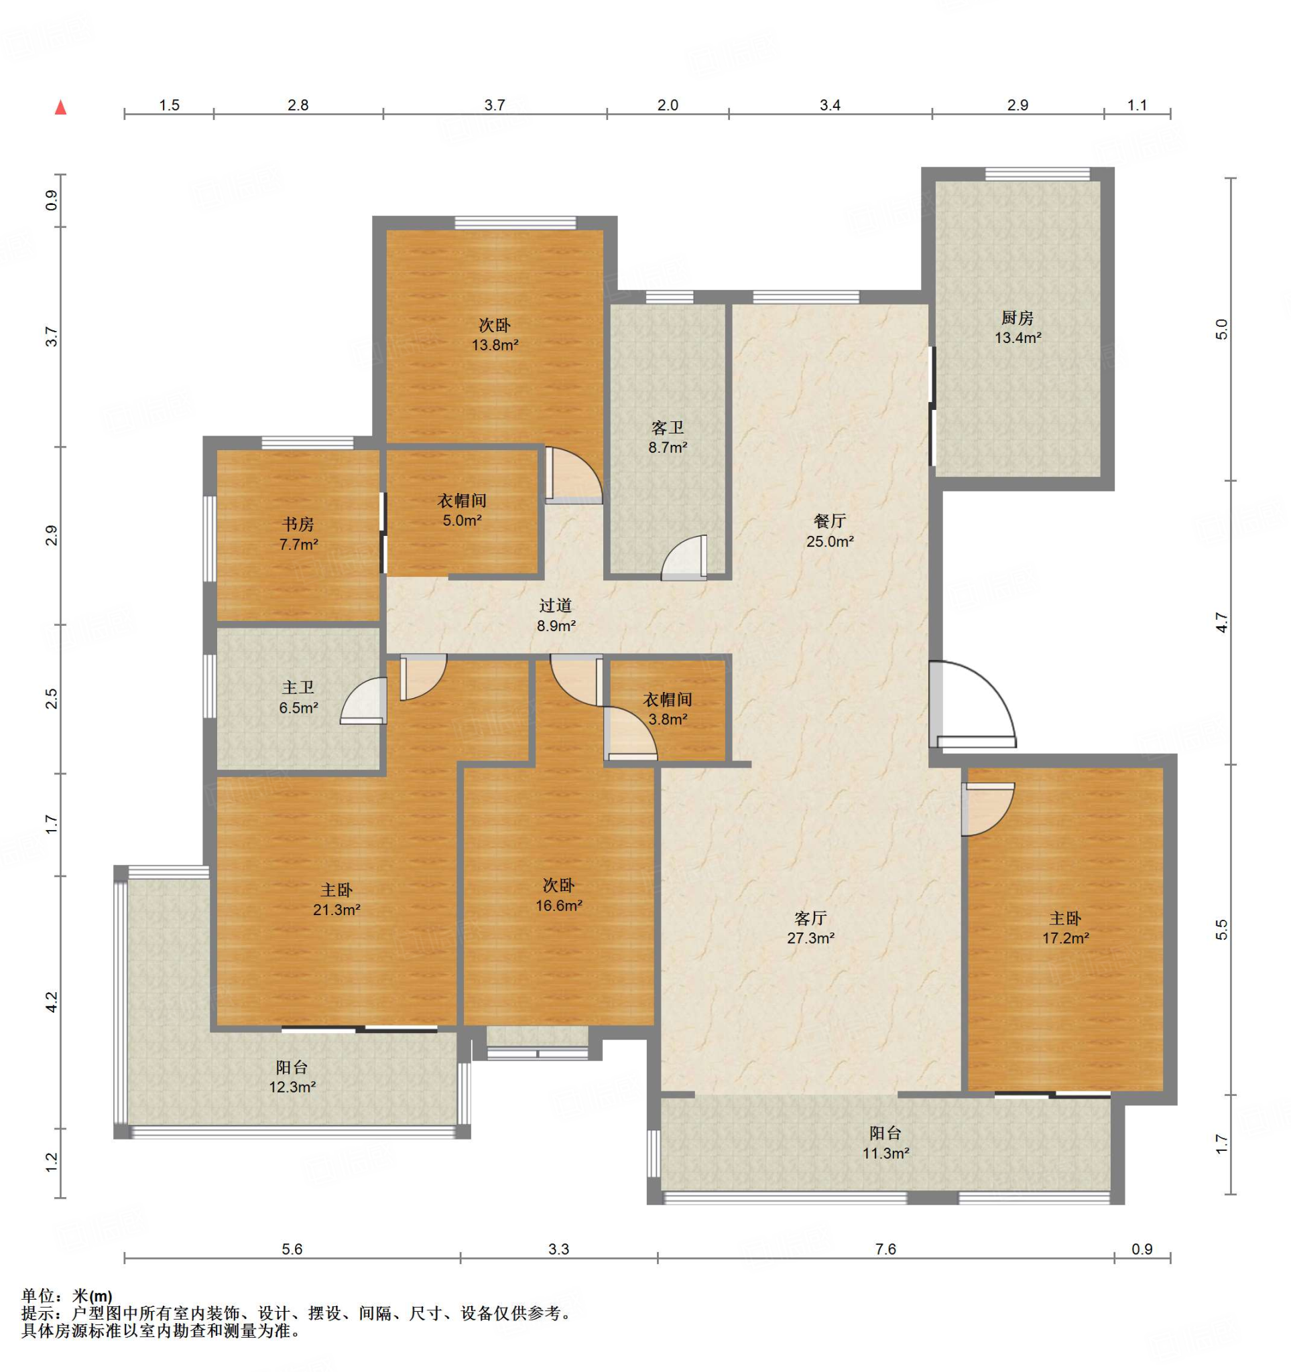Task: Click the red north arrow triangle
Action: pyautogui.click(x=61, y=107)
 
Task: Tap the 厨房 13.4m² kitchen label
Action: pyautogui.click(x=1018, y=327)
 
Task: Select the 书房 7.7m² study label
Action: pyautogui.click(x=298, y=533)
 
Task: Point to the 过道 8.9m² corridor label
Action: pyautogui.click(x=556, y=615)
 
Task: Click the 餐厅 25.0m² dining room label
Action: pyautogui.click(x=830, y=531)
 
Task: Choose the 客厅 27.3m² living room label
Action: pyautogui.click(x=810, y=928)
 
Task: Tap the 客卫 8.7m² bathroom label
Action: pyautogui.click(x=668, y=437)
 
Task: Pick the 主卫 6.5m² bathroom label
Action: pyautogui.click(x=298, y=697)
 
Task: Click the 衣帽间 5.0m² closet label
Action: pyautogui.click(x=462, y=510)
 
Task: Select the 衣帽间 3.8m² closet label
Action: pyautogui.click(x=668, y=709)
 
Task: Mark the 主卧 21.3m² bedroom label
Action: pyautogui.click(x=336, y=900)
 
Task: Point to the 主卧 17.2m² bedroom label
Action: pyautogui.click(x=1065, y=928)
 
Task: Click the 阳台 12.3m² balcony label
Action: pyautogui.click(x=292, y=1077)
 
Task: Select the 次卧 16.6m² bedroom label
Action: pyautogui.click(x=558, y=895)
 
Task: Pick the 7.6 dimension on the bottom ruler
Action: pyautogui.click(x=885, y=1249)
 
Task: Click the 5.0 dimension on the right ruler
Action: pyautogui.click(x=1221, y=328)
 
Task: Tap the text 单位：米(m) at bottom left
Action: pyautogui.click(x=67, y=1296)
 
